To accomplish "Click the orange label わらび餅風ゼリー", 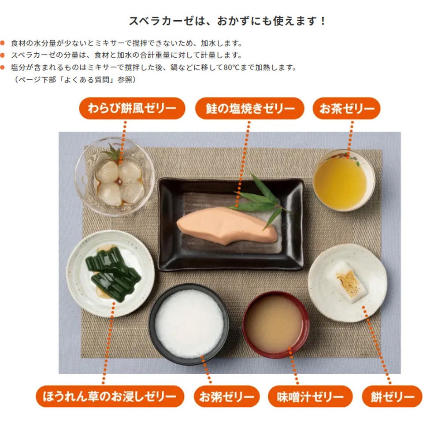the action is tap(132, 108).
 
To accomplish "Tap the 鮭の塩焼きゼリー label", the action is tap(250, 108).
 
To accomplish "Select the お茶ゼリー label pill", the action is tap(347, 108).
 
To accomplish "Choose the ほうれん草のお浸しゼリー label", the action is tap(110, 396).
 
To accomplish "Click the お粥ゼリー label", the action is tap(226, 396).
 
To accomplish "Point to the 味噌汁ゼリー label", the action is tap(310, 396).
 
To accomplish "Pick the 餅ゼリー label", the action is tap(392, 396).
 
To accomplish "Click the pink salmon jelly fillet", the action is tap(226, 225).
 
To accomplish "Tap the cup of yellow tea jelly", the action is tap(343, 180).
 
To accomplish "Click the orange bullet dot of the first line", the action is tap(3, 43).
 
